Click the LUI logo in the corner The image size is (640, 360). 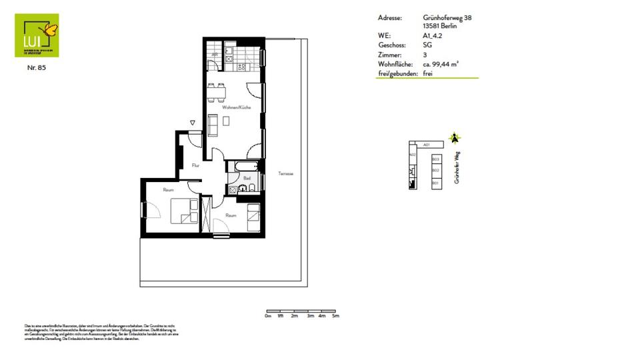[x=37, y=35]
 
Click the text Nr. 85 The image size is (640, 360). [x=37, y=67]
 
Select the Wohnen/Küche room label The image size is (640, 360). [x=235, y=107]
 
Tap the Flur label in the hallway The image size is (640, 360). [x=196, y=165]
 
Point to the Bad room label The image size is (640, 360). [x=246, y=178]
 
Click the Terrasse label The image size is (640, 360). [x=286, y=174]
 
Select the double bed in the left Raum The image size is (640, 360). [x=183, y=211]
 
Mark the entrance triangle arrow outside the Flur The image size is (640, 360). [x=192, y=123]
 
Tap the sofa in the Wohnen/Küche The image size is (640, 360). [x=213, y=125]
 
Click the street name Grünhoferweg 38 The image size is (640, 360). [x=447, y=18]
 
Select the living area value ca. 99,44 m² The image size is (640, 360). [x=441, y=64]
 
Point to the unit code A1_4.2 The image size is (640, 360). [x=433, y=35]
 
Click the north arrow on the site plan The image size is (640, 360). [x=455, y=139]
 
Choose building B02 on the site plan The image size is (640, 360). [x=435, y=171]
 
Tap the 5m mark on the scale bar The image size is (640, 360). [x=335, y=316]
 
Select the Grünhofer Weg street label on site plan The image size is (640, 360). [x=457, y=167]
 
